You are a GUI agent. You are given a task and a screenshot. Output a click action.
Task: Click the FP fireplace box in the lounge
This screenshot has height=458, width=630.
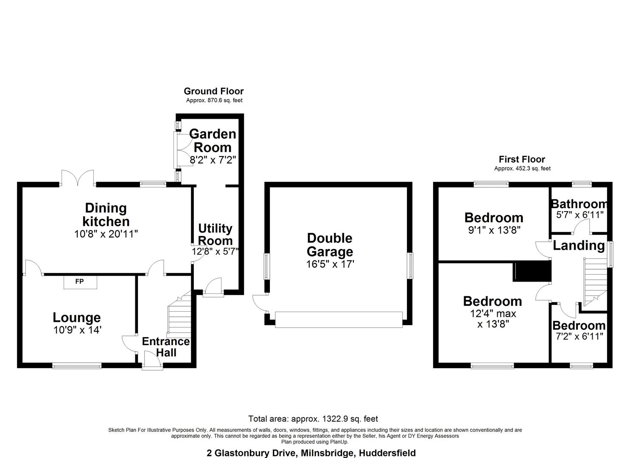80,282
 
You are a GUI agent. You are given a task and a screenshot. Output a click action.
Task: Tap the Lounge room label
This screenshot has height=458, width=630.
77,317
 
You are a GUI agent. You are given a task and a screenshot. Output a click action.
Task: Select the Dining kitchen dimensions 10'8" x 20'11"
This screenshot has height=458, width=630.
106,234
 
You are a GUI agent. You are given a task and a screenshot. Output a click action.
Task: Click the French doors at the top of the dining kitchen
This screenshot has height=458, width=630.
77,179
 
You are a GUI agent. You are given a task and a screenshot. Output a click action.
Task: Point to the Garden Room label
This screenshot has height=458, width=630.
213,141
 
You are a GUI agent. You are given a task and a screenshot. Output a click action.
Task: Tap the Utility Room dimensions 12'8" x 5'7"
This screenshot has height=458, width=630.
215,251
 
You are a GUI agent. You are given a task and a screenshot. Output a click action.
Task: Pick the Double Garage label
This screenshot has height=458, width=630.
330,245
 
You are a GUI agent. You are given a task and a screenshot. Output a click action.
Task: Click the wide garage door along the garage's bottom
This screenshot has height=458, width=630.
339,319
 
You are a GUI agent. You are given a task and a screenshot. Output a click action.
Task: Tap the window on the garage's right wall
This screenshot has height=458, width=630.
410,266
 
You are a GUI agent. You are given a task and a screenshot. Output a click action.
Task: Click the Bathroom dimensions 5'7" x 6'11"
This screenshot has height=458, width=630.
580,215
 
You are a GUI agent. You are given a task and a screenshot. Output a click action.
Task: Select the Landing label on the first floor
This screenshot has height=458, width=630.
579,246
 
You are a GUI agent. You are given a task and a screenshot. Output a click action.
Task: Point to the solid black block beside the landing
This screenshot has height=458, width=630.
532,271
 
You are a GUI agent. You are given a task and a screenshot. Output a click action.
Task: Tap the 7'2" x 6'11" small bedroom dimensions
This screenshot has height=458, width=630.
579,336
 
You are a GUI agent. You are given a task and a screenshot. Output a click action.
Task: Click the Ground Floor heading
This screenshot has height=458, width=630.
213,91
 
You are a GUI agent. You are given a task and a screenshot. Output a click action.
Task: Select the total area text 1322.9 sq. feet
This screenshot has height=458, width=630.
313,419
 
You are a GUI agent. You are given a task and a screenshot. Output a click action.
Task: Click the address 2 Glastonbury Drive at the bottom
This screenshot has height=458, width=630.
311,453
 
